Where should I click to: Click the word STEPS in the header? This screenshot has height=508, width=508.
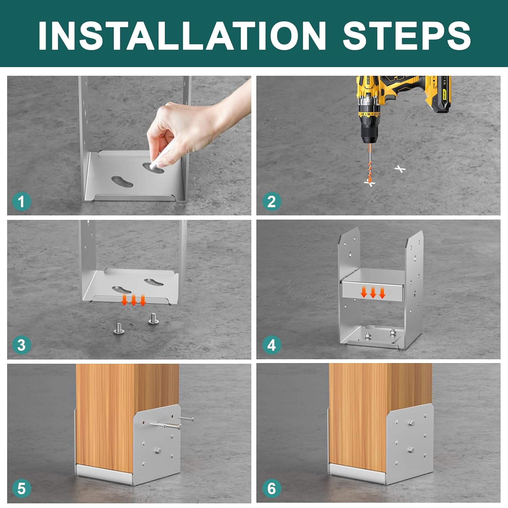click(x=407, y=36)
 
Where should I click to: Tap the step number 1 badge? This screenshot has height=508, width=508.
click(x=21, y=202)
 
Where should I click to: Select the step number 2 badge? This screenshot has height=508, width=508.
click(x=272, y=202)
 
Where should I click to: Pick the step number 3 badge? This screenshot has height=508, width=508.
click(x=21, y=345)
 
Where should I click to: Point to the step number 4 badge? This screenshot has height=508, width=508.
click(x=272, y=345)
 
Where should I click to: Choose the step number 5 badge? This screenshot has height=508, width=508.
click(x=21, y=489)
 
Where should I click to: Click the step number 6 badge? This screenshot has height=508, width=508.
click(x=272, y=489)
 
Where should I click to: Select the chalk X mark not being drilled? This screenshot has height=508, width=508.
click(x=400, y=169)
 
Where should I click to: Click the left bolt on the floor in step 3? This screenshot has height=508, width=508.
click(x=118, y=328)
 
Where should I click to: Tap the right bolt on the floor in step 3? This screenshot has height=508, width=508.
click(x=153, y=319)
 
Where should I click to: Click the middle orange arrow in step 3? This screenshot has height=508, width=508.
click(x=133, y=300)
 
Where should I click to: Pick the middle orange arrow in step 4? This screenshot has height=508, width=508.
click(x=373, y=292)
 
